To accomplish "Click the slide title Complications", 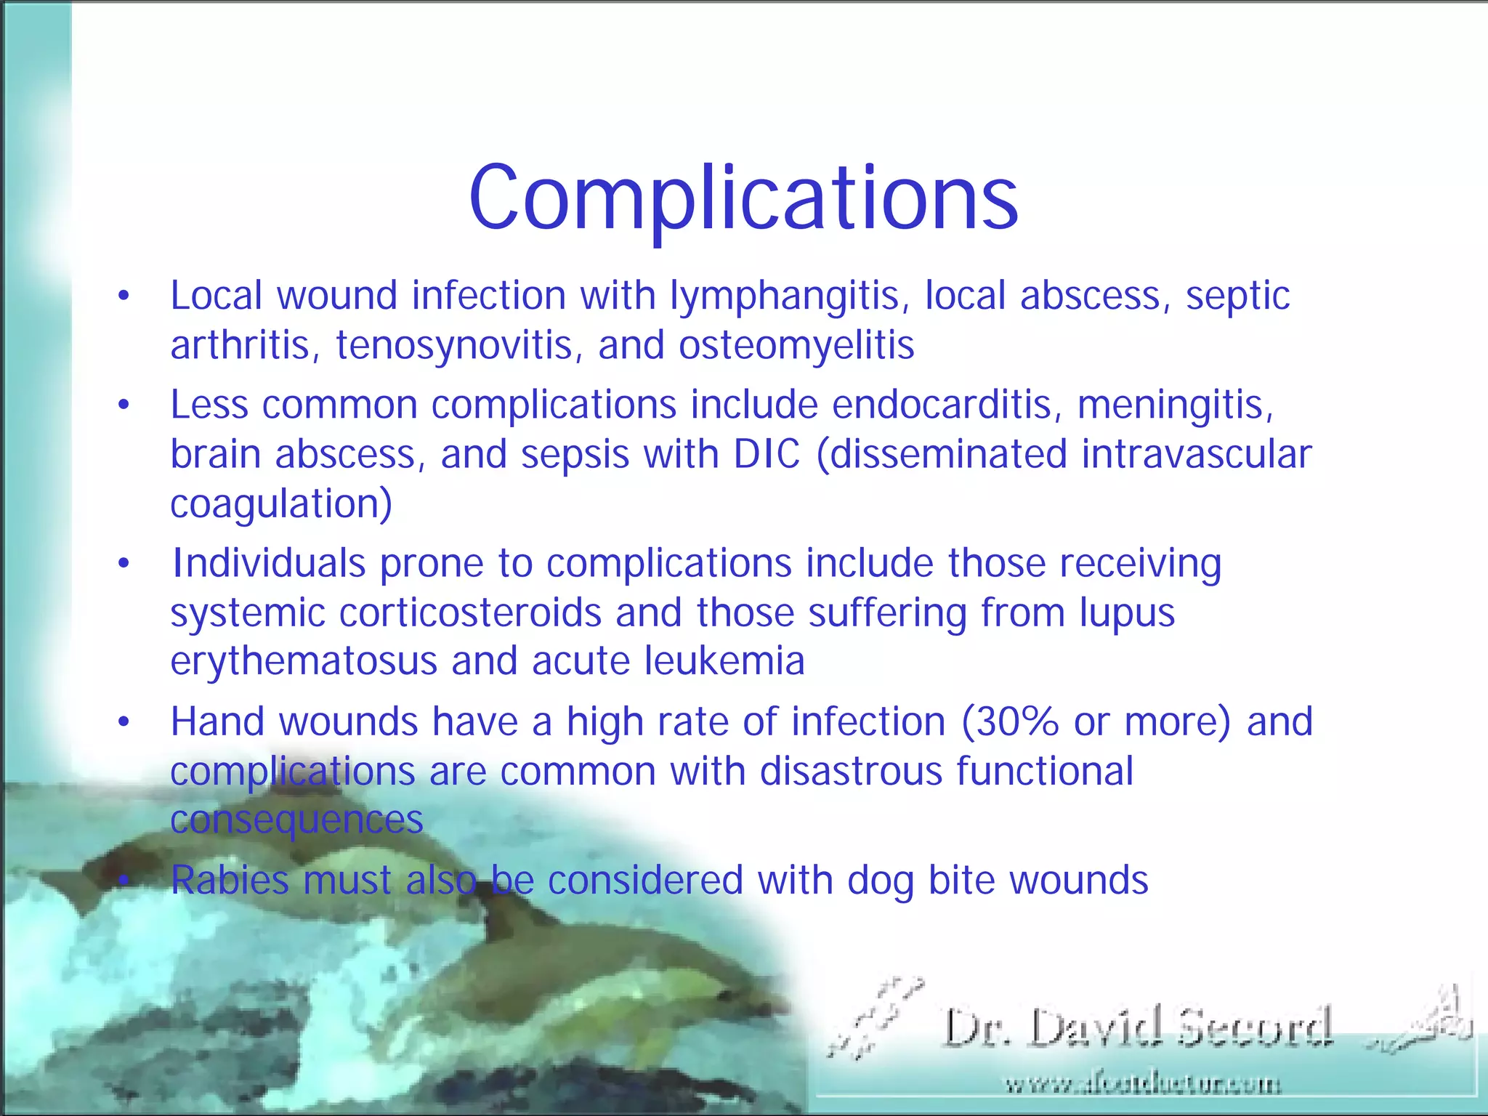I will [743, 198].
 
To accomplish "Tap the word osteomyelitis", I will [796, 346].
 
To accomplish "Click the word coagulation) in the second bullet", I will [281, 504].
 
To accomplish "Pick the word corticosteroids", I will [470, 612].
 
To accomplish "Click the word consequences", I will [296, 820].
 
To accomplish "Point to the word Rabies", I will [230, 881].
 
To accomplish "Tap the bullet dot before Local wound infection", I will [124, 296].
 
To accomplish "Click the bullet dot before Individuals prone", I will [124, 564].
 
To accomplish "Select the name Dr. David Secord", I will [1138, 1028].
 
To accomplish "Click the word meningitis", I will [1175, 405].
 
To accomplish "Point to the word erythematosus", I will [303, 662].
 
